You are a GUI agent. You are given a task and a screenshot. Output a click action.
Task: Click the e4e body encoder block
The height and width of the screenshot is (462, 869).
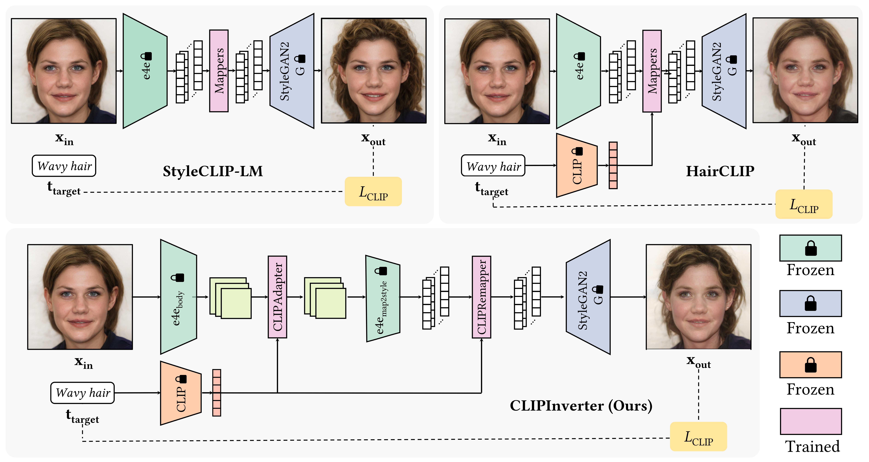178,297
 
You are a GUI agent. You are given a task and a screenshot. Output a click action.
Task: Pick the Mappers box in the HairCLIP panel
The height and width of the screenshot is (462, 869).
652,71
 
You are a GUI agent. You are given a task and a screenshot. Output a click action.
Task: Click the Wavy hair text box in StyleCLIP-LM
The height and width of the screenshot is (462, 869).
64,166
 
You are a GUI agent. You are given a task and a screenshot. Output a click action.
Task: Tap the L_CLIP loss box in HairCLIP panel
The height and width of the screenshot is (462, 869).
804,204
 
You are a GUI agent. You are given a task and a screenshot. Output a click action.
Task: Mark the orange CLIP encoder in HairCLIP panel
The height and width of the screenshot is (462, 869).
577,165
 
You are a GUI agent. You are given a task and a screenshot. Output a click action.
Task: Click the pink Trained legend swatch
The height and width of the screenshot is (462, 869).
811,421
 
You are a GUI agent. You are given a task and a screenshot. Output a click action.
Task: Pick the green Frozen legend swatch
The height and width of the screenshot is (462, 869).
811,248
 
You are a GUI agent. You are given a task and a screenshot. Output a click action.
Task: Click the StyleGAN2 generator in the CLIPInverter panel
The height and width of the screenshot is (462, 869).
588,297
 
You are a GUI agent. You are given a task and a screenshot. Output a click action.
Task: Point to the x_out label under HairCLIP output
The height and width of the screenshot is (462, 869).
804,139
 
